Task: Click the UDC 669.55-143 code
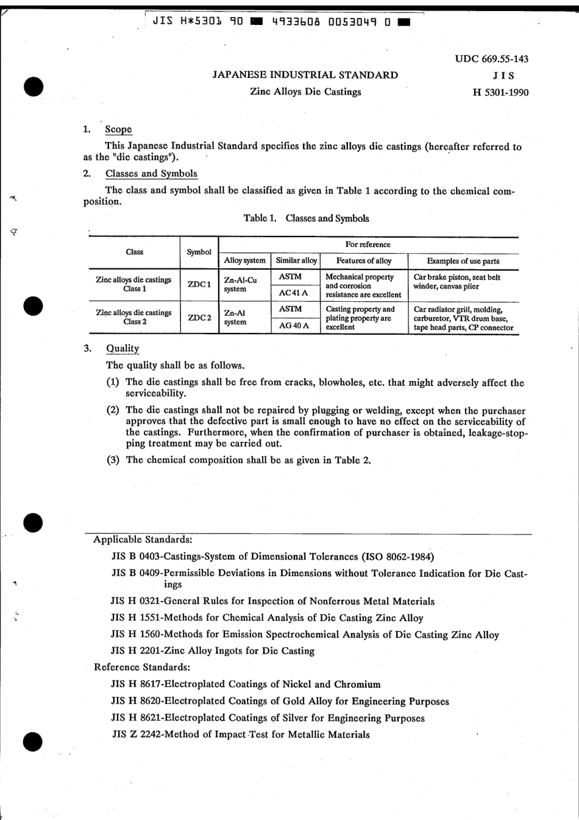tap(491, 59)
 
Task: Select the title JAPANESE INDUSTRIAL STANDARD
tap(305, 75)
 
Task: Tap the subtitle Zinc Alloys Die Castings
tap(305, 92)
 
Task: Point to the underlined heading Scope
tap(118, 129)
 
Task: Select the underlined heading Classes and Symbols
tap(151, 174)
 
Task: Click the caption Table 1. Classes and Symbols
tap(306, 218)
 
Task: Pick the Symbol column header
tap(199, 252)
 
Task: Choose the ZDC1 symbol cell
tap(199, 285)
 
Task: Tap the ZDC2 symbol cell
tap(199, 317)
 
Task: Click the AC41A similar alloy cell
tap(293, 293)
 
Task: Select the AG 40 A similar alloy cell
tap(294, 326)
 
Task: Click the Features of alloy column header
tap(364, 261)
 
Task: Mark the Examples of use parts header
tap(463, 261)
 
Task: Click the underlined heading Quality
tap(123, 349)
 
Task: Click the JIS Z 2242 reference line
tap(241, 735)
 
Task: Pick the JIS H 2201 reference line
tap(213, 651)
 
